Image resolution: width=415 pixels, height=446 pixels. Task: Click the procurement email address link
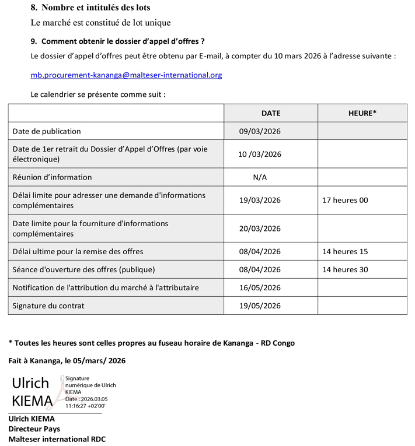(126, 75)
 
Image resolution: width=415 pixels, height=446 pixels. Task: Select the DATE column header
(271, 113)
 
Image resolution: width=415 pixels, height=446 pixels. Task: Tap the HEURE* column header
(362, 113)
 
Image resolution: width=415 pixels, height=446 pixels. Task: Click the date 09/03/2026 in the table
(260, 131)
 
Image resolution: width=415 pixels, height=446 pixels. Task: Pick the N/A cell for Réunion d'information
(260, 177)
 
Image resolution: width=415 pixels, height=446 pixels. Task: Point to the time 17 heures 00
(345, 200)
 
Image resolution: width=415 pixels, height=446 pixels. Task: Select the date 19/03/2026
(260, 200)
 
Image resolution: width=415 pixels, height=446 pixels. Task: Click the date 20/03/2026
(260, 229)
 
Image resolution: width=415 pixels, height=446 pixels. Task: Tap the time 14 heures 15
(345, 251)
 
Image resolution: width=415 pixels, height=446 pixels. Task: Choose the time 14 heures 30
(345, 269)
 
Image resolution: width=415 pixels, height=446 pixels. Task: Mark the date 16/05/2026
(260, 287)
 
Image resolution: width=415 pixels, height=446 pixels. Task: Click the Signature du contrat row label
(48, 305)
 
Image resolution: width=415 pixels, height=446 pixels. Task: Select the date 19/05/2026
(260, 305)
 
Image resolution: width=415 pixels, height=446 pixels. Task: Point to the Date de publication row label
(47, 131)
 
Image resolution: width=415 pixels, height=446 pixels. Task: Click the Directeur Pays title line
(34, 429)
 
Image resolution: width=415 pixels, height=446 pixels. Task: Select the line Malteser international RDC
(57, 439)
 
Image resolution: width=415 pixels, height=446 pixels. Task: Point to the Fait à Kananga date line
(67, 361)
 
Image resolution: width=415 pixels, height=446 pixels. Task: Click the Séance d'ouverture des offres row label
(83, 269)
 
